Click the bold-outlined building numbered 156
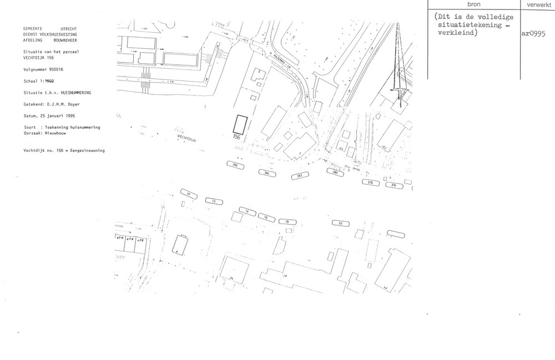click(x=240, y=123)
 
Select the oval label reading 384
click(x=268, y=173)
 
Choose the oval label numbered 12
click(x=214, y=201)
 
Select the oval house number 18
click(x=287, y=221)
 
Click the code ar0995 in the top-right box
click(x=534, y=33)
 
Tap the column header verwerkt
click(x=536, y=4)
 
